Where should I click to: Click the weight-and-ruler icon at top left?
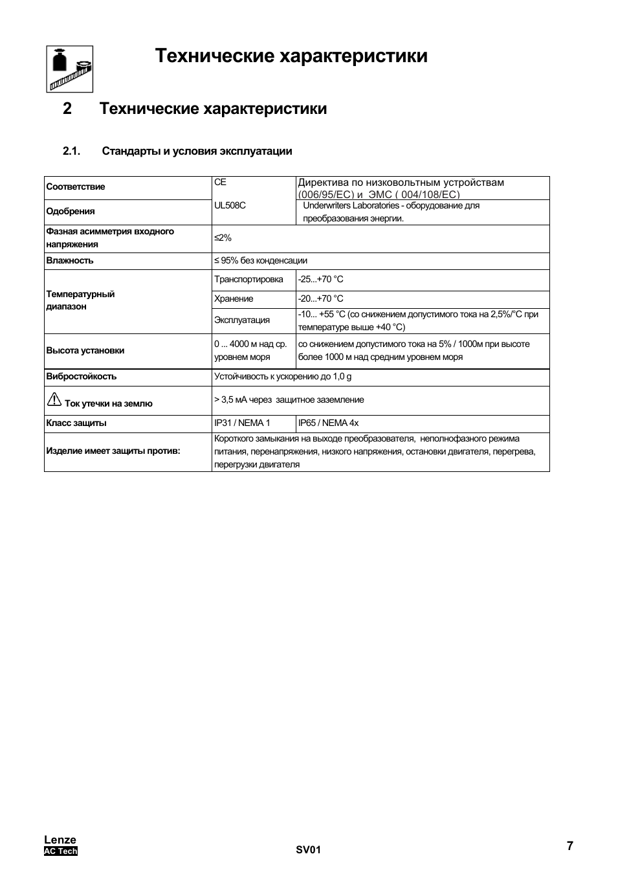pos(70,69)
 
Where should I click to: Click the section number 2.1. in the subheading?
pos(71,151)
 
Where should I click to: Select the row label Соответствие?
pos(75,187)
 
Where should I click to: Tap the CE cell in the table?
pos(221,183)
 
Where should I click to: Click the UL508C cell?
pos(230,205)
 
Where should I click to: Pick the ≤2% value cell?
pos(223,238)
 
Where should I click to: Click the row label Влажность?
pos(70,261)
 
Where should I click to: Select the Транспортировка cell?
pos(248,280)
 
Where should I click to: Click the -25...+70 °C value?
pos(321,280)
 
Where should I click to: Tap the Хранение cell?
pos(234,299)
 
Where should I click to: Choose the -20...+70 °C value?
pos(321,299)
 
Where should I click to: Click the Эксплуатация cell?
pos(242,320)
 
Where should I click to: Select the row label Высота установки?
pos(85,351)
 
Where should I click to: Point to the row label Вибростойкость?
pos(82,377)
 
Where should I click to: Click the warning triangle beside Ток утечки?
pos(54,400)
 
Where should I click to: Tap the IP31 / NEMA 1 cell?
pos(242,423)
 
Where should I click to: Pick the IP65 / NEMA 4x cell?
pos(328,423)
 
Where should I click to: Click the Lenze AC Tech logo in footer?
pos(60,846)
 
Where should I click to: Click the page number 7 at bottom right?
pos(569,846)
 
